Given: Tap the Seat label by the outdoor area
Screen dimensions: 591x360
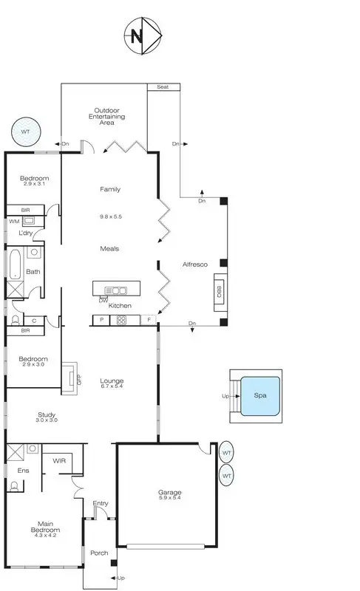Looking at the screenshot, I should [x=163, y=87].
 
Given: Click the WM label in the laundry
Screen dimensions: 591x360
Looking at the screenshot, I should [x=14, y=221].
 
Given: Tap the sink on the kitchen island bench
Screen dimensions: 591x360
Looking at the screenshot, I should [x=115, y=290].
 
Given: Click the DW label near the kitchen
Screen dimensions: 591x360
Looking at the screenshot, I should [x=103, y=300].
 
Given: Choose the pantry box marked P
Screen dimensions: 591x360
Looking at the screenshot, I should [x=100, y=320].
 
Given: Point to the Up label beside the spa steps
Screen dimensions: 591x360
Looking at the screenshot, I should [x=226, y=395].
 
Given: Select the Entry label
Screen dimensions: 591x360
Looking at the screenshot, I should [x=101, y=504].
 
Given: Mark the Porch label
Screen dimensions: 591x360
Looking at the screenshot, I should [x=98, y=553].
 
